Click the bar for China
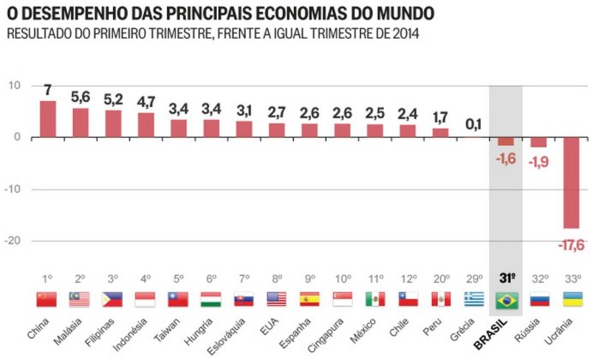tap(48, 119)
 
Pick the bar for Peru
tap(440, 133)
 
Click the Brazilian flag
tap(506, 299)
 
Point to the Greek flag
tap(474, 299)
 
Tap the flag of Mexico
tap(374, 299)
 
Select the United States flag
tap(277, 299)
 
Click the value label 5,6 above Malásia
tap(81, 97)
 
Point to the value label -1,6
tap(506, 158)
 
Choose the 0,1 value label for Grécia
tap(473, 125)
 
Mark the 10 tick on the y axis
tap(15, 86)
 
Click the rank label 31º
tap(506, 279)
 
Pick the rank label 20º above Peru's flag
tap(440, 279)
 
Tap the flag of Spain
tap(309, 299)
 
